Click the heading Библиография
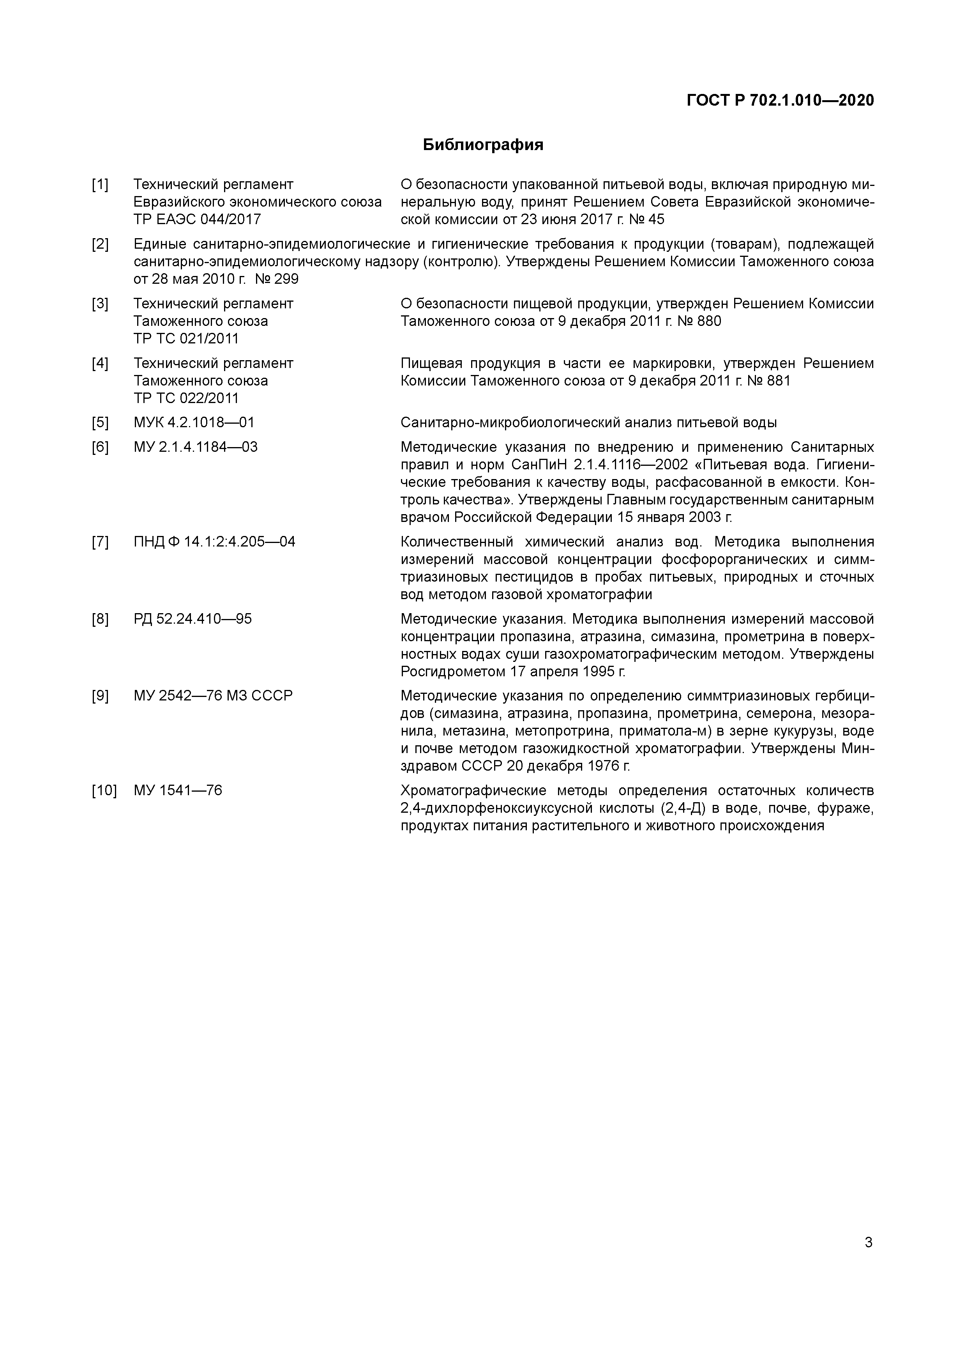point(483,145)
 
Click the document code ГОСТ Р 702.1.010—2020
point(780,101)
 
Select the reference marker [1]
point(100,185)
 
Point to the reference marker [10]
point(104,790)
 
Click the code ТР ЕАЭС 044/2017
point(197,219)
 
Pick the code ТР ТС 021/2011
point(186,338)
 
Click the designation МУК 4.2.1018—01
point(194,423)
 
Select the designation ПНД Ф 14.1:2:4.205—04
point(214,542)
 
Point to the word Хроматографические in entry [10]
point(473,790)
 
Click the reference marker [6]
point(100,447)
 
